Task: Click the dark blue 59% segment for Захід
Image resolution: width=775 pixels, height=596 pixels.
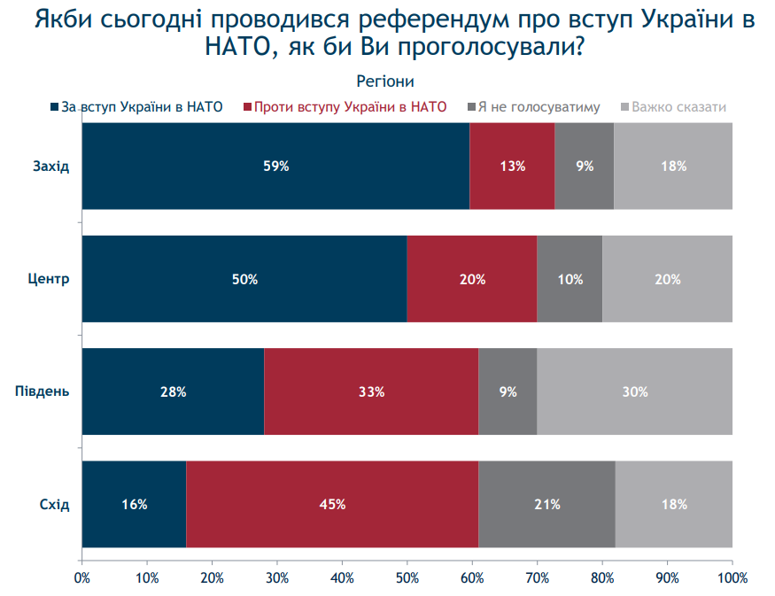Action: [x=275, y=166]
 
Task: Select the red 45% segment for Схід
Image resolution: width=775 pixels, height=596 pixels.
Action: [x=332, y=505]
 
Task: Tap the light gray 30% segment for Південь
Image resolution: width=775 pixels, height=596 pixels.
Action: [x=634, y=391]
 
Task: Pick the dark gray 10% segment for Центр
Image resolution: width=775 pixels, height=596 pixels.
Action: [x=570, y=279]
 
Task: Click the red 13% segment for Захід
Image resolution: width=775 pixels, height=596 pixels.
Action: [x=512, y=166]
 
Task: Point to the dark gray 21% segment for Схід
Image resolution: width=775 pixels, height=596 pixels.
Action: [x=546, y=505]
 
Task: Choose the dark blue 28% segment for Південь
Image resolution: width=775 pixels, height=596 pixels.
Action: [x=173, y=391]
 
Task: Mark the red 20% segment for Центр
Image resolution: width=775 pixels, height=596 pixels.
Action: [x=472, y=279]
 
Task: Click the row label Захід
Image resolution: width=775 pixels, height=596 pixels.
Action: [x=50, y=166]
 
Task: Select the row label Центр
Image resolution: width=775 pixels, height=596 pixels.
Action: [x=50, y=279]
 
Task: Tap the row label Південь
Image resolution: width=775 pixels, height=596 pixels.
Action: [x=43, y=391]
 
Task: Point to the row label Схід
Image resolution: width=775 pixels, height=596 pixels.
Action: [x=54, y=505]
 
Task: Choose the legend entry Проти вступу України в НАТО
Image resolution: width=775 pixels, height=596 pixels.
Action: [x=350, y=107]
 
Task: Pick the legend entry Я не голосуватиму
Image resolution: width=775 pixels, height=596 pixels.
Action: [x=539, y=107]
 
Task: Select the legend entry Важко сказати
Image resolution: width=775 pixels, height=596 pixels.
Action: [x=678, y=107]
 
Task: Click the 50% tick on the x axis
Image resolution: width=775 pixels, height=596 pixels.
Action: [x=407, y=577]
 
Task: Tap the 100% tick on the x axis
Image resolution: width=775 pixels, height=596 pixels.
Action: [x=732, y=577]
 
